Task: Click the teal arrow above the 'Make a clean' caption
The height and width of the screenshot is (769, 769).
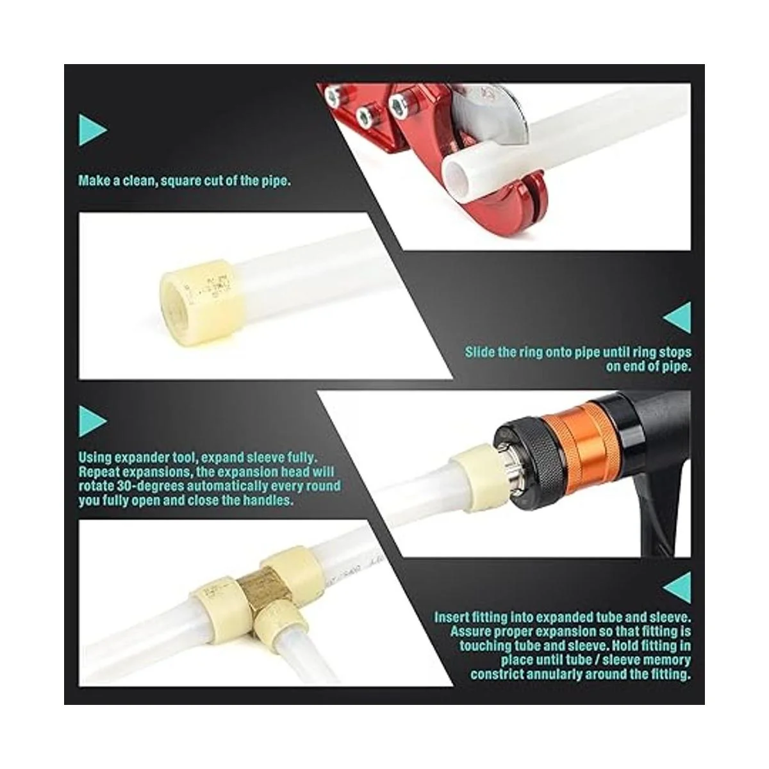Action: (92, 129)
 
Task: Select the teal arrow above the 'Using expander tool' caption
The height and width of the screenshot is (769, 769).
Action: (92, 421)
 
